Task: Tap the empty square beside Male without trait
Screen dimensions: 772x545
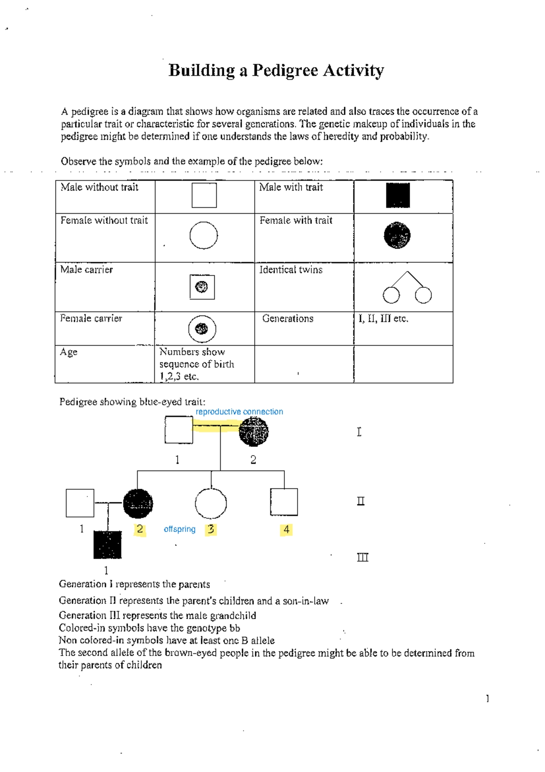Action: coord(204,196)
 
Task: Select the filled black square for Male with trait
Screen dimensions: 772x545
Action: coord(398,196)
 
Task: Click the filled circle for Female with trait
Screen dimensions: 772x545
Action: coord(397,236)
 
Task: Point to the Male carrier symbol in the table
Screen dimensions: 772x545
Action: coord(202,287)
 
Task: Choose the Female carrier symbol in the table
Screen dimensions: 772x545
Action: coord(202,329)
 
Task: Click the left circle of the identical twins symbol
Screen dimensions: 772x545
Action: coord(391,295)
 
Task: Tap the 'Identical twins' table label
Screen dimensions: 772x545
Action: coord(291,270)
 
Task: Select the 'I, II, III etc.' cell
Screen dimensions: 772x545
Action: coord(383,319)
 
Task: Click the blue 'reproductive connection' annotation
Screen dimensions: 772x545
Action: coord(239,411)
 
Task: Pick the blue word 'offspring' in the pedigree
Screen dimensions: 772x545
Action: coord(179,529)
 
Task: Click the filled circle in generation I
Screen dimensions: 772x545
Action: coord(253,431)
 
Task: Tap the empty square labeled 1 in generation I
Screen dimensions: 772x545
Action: coord(178,430)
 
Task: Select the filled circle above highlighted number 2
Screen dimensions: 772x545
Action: coord(138,503)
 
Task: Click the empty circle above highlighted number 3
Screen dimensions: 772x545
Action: coord(211,503)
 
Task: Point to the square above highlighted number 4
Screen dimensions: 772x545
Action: coord(284,502)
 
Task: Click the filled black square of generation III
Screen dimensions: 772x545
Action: coord(108,544)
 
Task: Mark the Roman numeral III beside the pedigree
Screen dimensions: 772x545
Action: coord(362,557)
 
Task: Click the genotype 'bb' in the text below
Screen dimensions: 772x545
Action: coord(234,628)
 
